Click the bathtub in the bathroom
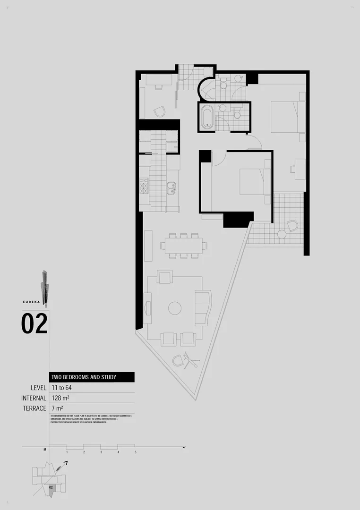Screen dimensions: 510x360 (x=206, y=118)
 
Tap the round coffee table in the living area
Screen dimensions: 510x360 (x=175, y=308)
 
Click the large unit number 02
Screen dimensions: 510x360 (x=34, y=324)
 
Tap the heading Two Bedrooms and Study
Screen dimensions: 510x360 (x=84, y=377)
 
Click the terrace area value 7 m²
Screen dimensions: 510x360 (x=57, y=408)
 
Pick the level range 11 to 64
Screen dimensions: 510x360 (x=62, y=388)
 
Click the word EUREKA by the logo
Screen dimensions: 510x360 (x=30, y=301)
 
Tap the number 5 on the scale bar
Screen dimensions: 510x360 (x=135, y=452)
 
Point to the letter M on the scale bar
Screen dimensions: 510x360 (x=45, y=450)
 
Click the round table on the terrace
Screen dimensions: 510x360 (x=282, y=234)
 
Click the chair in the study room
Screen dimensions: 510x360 (x=160, y=111)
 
